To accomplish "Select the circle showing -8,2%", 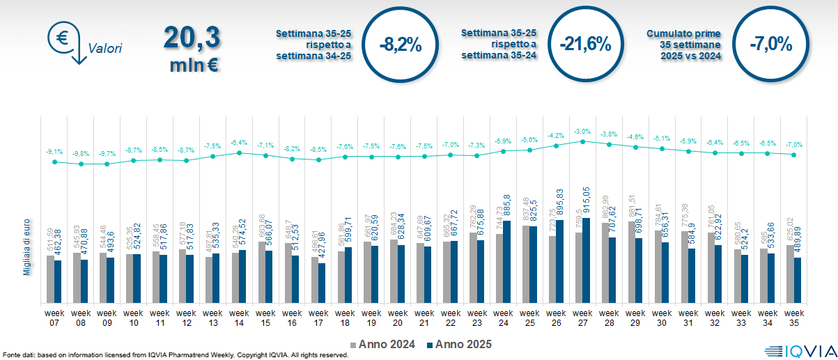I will pyautogui.click(x=401, y=45).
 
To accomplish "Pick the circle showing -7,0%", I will pyautogui.click(x=771, y=45).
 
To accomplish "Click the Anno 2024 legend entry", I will pyautogui.click(x=383, y=345).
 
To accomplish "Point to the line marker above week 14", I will pyautogui.click(x=239, y=152).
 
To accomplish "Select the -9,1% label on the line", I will pyautogui.click(x=54, y=152).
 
